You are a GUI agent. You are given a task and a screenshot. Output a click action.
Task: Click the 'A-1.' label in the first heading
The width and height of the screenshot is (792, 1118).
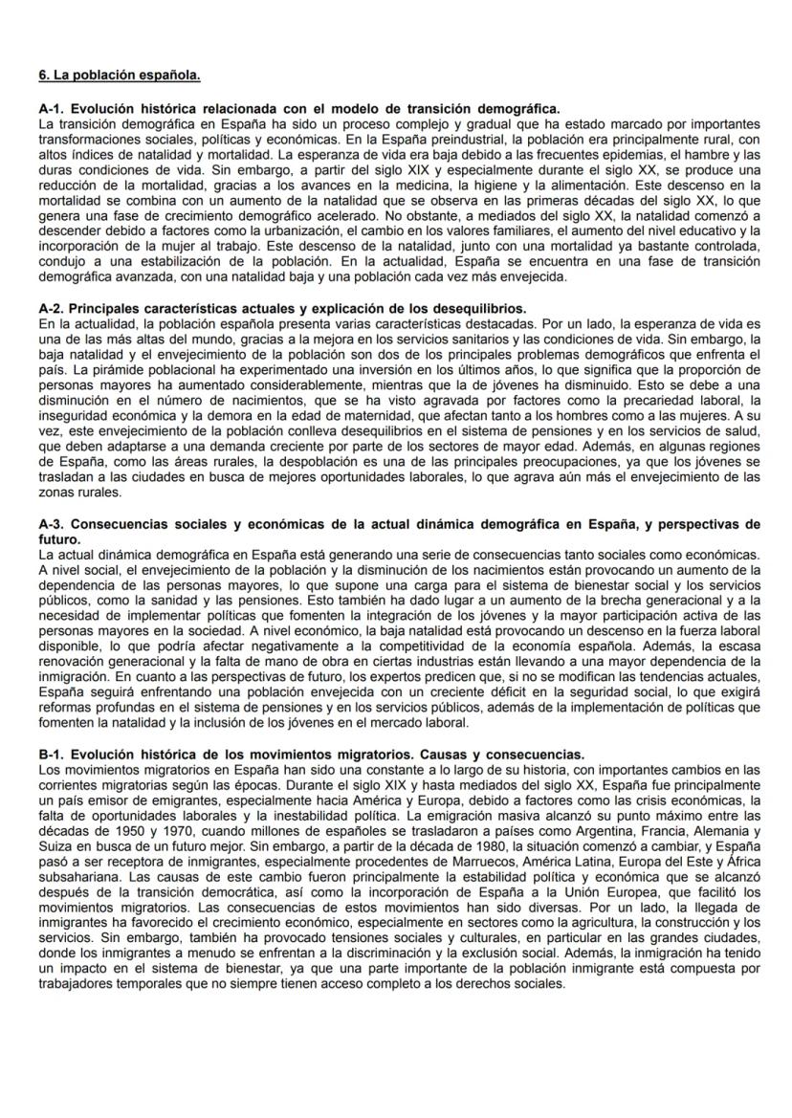point(53,111)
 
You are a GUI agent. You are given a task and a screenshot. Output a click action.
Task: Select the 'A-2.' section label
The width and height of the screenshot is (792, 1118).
point(53,309)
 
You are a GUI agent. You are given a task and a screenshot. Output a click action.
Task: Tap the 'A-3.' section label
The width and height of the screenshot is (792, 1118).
point(53,524)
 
